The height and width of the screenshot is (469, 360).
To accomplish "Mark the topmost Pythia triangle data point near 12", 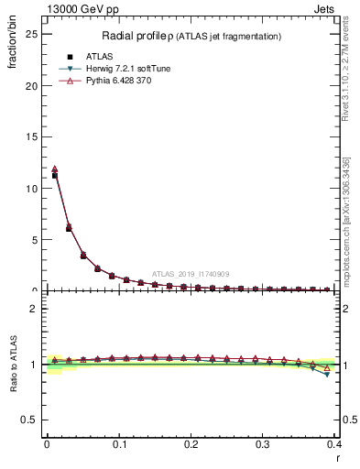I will (x=55, y=169).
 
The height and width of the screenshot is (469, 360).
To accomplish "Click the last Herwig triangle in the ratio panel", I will (x=327, y=375).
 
